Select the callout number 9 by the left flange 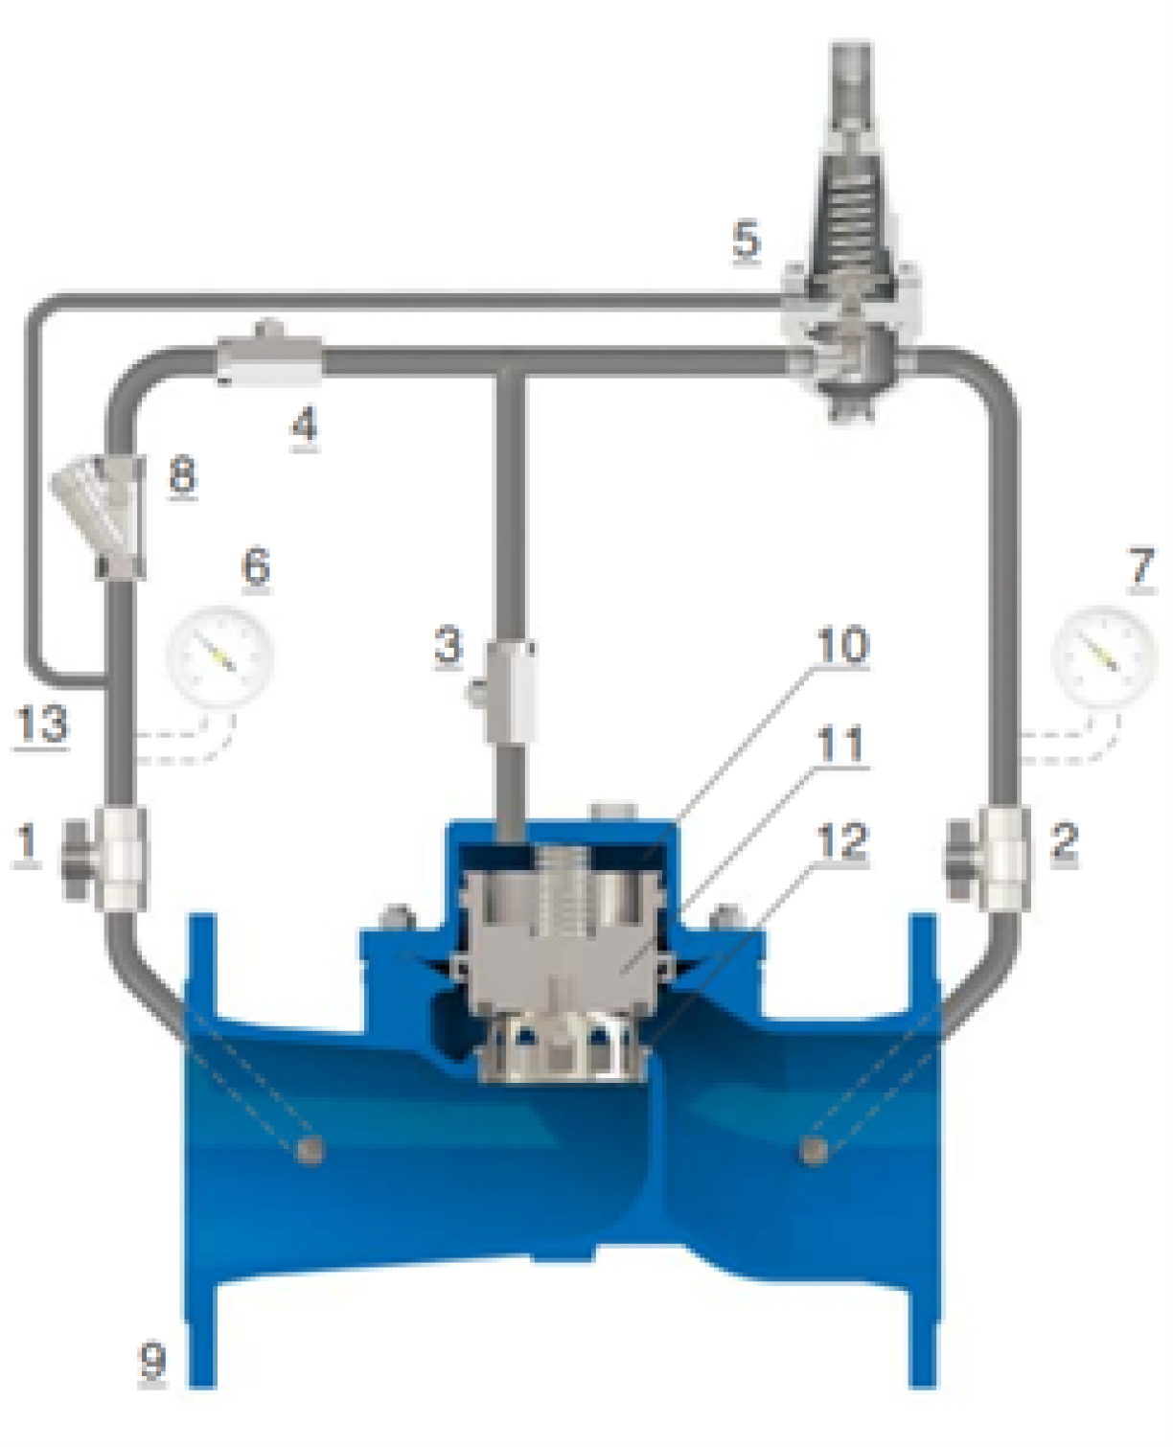click(152, 1361)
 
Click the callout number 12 click(843, 840)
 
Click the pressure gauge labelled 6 click(220, 655)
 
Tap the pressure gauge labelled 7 click(1104, 655)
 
